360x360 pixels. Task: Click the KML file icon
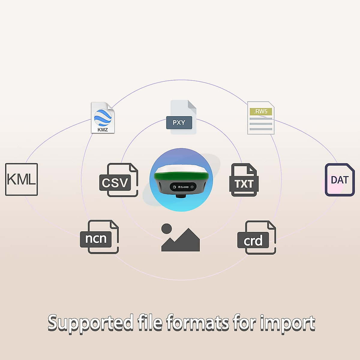coord(22,179)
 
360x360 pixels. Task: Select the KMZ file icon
coord(103,118)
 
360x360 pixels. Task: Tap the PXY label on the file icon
coord(179,122)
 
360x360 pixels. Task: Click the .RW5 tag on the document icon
coord(261,111)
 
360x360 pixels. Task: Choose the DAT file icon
coord(340,180)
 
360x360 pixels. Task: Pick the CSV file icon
coord(118,180)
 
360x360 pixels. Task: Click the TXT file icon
coord(244,180)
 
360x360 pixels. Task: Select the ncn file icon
coord(99,237)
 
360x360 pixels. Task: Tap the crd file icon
coord(256,238)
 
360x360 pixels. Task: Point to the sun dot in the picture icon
coord(166,229)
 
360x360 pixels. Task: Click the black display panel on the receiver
coord(183,187)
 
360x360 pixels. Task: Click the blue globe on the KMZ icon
coord(103,117)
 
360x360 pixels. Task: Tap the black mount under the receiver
coord(181,196)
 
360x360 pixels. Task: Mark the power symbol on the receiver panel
coord(192,187)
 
